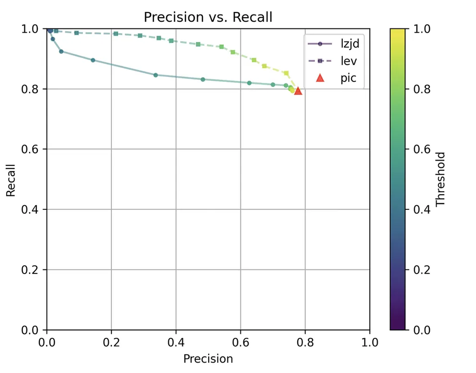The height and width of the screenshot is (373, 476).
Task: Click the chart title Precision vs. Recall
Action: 208,17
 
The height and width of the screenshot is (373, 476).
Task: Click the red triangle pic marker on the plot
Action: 298,91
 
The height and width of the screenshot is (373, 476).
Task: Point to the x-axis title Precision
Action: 208,358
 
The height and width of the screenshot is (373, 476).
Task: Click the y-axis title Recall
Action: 11,179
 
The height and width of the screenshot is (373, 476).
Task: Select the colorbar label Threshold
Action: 441,179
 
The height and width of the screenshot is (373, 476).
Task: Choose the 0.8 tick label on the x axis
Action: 305,342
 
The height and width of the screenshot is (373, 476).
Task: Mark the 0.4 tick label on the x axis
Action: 176,342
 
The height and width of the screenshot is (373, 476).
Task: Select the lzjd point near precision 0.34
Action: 155,75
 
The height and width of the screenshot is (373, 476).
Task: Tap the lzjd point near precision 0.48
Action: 203,79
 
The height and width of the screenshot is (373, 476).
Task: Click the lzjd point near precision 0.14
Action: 93,60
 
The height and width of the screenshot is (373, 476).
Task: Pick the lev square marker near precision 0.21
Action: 116,34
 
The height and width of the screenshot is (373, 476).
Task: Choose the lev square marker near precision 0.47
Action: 198,44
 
